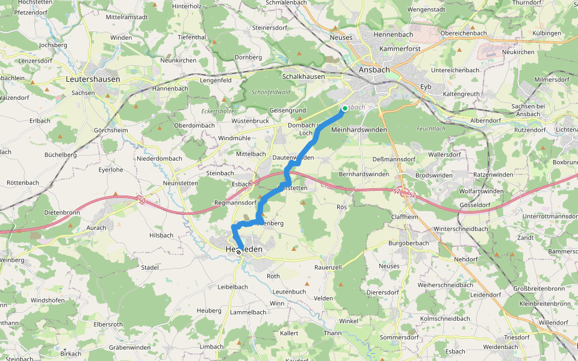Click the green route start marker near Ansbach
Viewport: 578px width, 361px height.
(x=344, y=108)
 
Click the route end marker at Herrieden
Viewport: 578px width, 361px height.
(x=239, y=252)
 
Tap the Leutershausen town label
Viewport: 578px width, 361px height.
(x=93, y=79)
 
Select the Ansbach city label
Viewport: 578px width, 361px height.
(x=374, y=70)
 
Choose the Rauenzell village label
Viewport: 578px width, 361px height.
(x=328, y=267)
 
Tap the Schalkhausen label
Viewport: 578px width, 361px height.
(x=303, y=76)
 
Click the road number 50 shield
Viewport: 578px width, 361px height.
(x=141, y=200)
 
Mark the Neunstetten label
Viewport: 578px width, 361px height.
(x=181, y=182)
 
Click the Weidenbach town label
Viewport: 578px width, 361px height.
(x=500, y=347)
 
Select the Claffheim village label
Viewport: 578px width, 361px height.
(x=405, y=217)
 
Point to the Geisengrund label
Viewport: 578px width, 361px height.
(x=288, y=111)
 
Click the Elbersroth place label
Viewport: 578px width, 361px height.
(x=108, y=324)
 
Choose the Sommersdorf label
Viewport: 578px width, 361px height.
(x=399, y=337)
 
